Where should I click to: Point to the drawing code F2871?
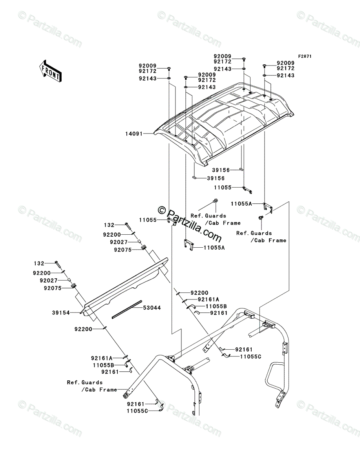coord(304,57)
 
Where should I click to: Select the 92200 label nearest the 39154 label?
coord(83,329)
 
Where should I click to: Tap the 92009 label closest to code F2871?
coord(286,63)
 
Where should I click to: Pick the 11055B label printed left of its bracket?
coord(103,365)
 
